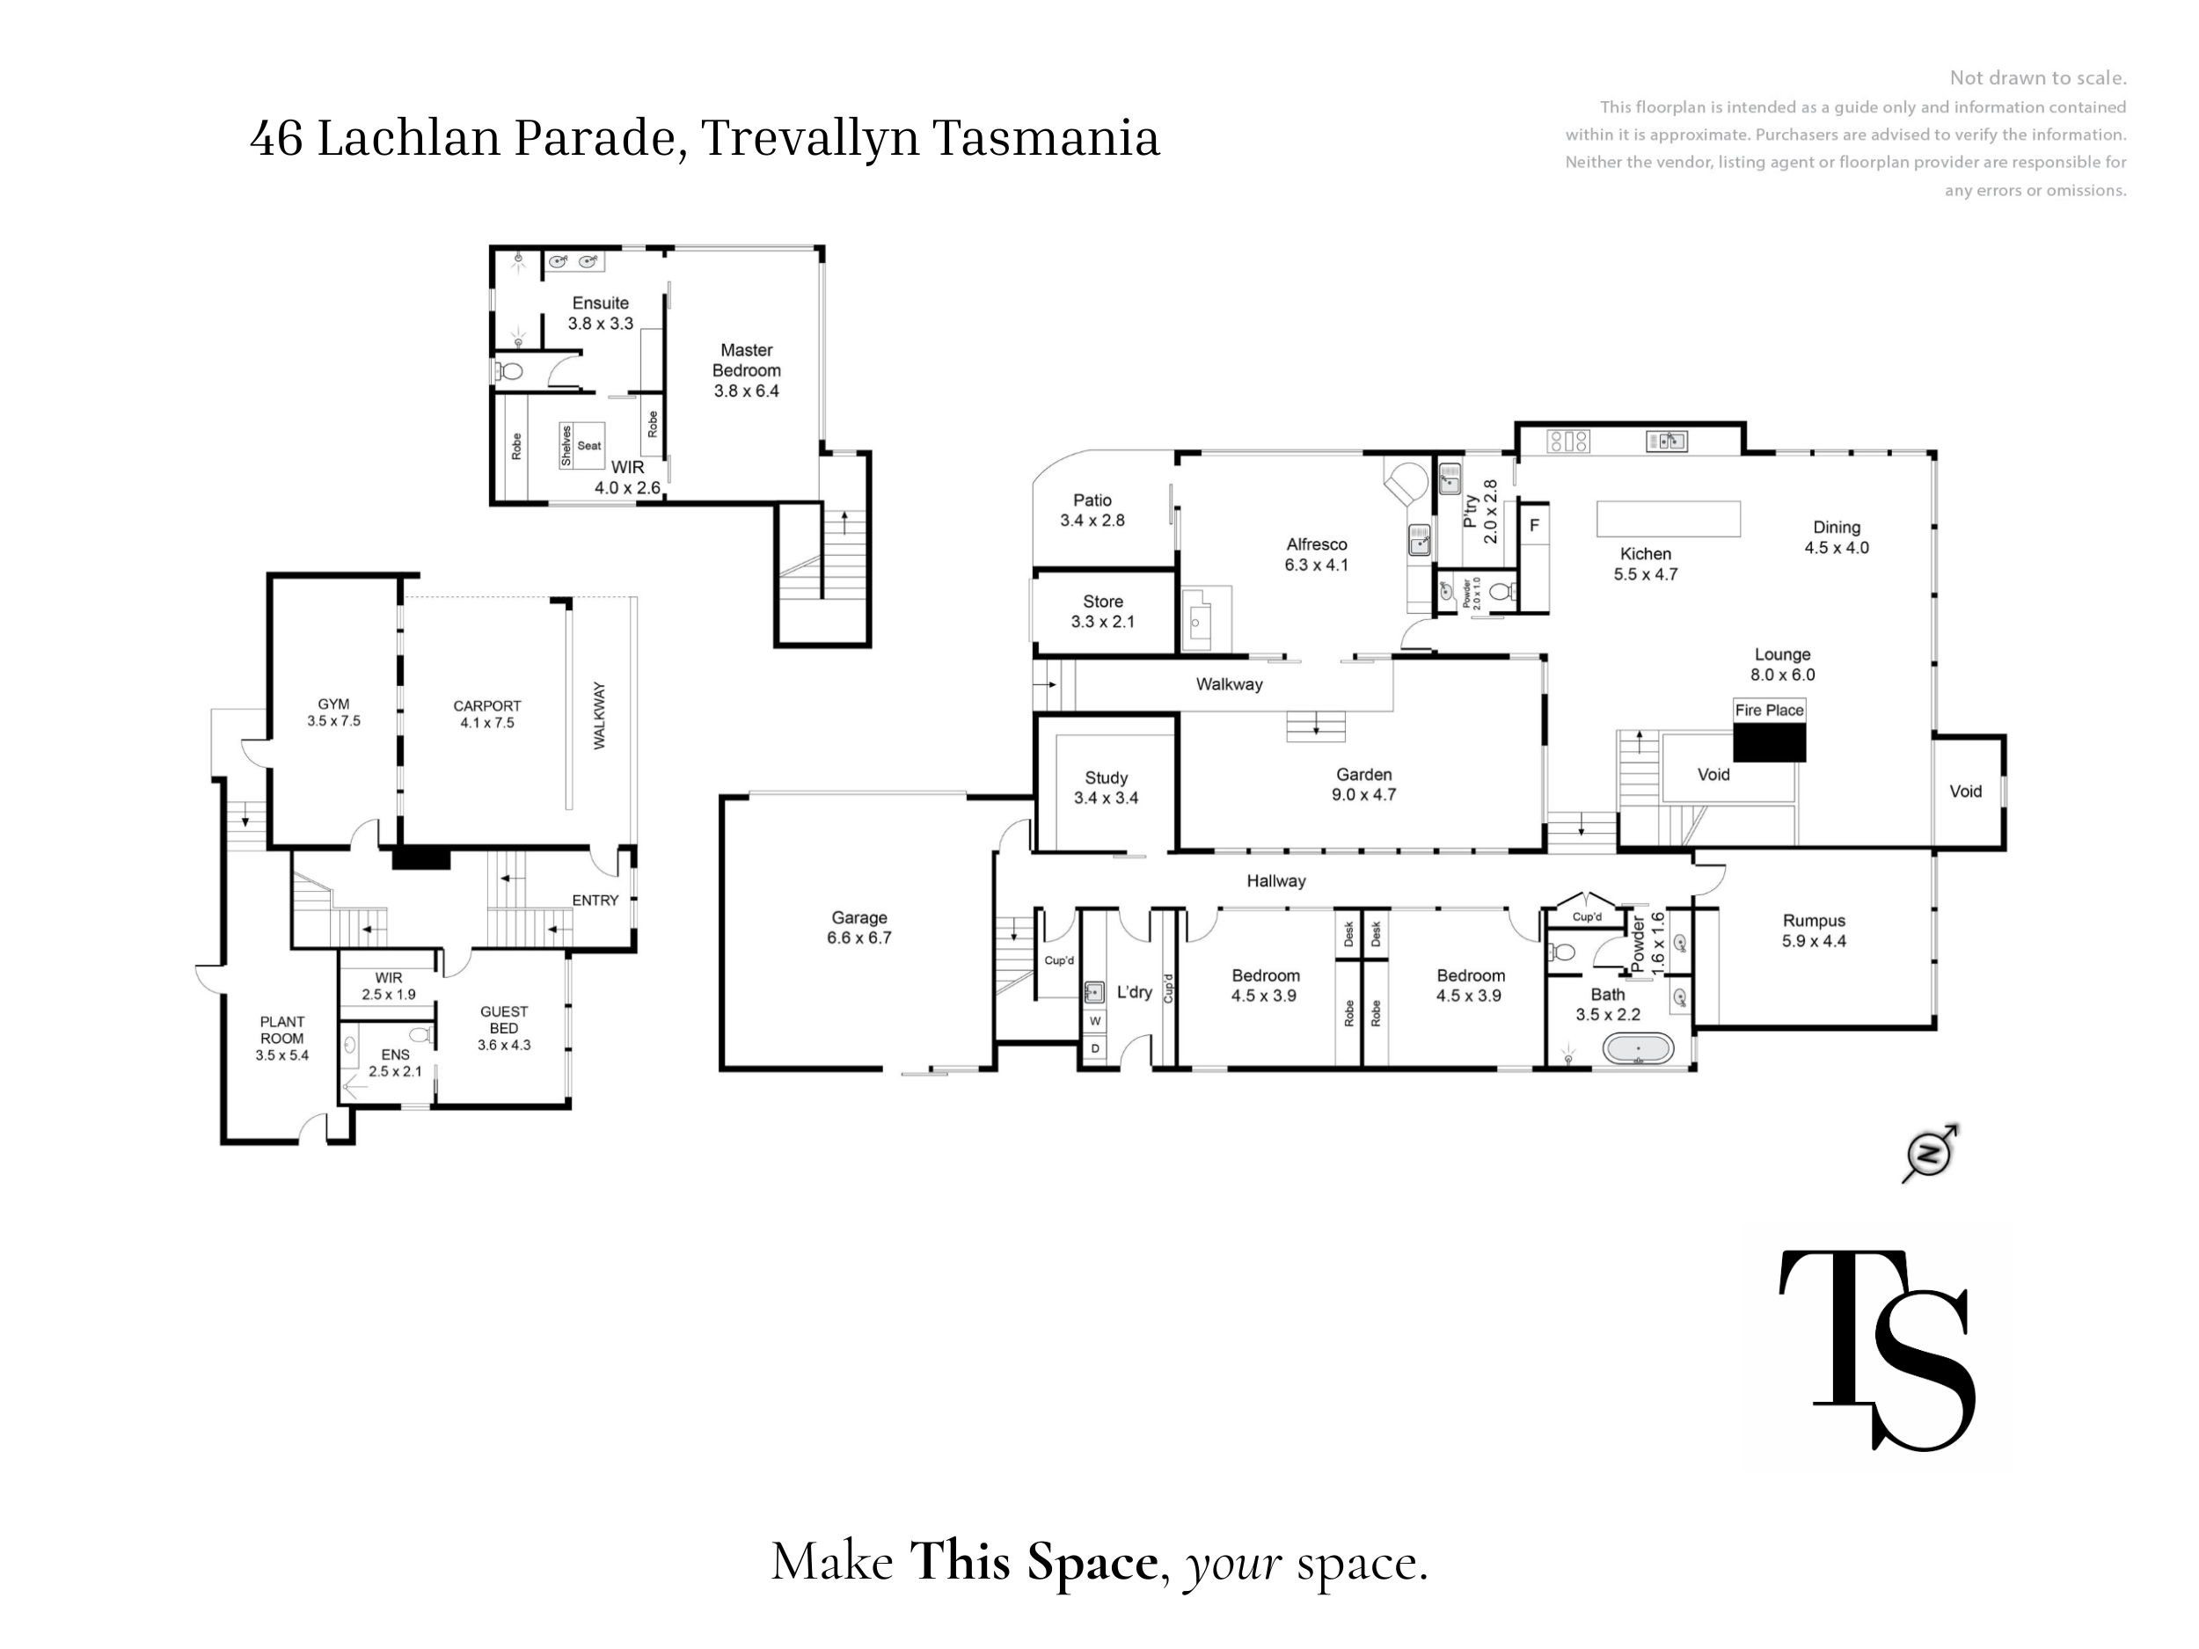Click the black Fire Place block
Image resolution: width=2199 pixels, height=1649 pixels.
pos(1770,742)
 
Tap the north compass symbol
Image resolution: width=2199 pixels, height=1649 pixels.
pos(1930,1154)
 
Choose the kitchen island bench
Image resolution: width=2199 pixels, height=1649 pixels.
pos(1668,519)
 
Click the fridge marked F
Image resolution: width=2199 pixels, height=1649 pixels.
pos(1534,525)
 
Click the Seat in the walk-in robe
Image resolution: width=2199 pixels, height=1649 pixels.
pos(589,445)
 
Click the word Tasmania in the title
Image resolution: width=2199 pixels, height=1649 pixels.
pos(1046,137)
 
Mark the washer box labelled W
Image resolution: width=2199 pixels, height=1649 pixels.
pos(1095,1021)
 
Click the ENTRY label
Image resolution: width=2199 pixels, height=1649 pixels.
pos(595,901)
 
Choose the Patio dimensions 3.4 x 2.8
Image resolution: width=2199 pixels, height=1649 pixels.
pos(1092,521)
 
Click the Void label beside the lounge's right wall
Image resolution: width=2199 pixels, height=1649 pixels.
pos(1965,792)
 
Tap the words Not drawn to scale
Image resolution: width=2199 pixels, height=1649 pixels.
pos(2038,77)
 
